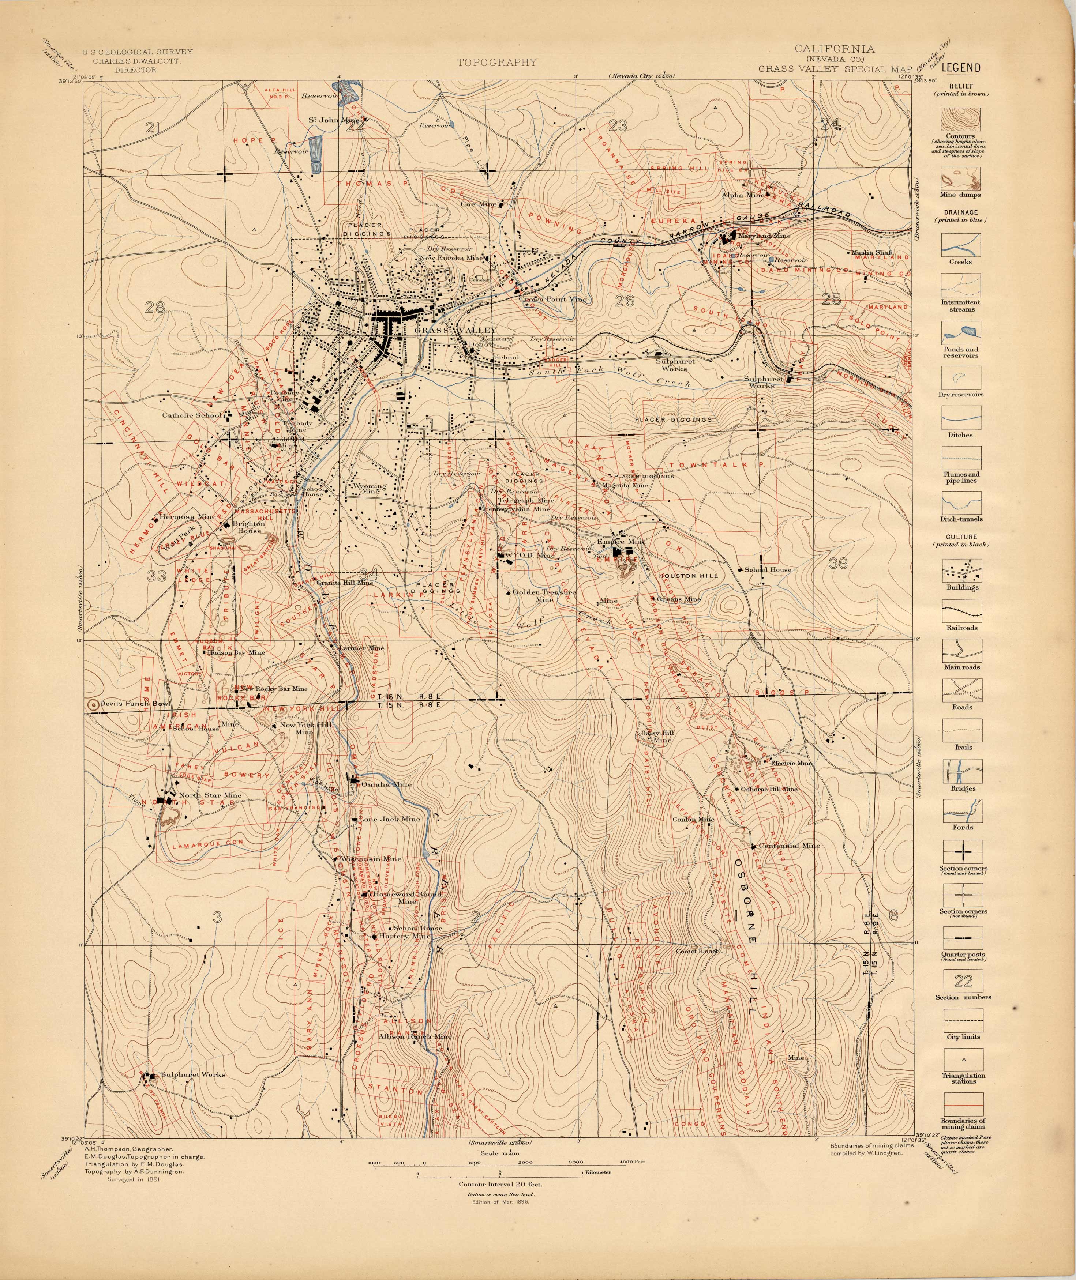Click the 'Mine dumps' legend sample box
point(961,179)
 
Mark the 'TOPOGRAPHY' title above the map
point(498,61)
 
